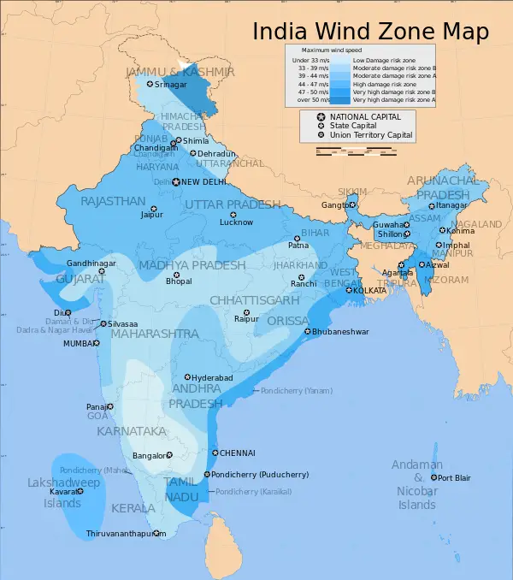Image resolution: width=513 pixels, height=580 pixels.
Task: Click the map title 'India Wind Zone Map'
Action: coord(370,32)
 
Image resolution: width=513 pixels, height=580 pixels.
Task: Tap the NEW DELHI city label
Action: coord(203,182)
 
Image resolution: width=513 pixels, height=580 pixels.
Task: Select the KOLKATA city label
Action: coord(371,291)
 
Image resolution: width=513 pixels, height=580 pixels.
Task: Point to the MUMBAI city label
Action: coord(76,343)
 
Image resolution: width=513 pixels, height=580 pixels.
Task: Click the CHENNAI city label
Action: coord(238,453)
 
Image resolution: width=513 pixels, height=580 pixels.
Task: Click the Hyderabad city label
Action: coord(212,377)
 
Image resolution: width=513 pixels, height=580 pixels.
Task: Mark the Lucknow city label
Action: coord(236,222)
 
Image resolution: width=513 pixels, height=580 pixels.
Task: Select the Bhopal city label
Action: coord(179,281)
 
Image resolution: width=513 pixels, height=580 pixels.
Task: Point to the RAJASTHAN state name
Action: coord(113,201)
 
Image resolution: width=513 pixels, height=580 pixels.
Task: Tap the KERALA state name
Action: coord(133,508)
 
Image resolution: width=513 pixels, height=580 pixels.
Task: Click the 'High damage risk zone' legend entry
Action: coord(385,84)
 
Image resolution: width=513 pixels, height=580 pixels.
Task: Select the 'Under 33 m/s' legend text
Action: coord(308,61)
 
